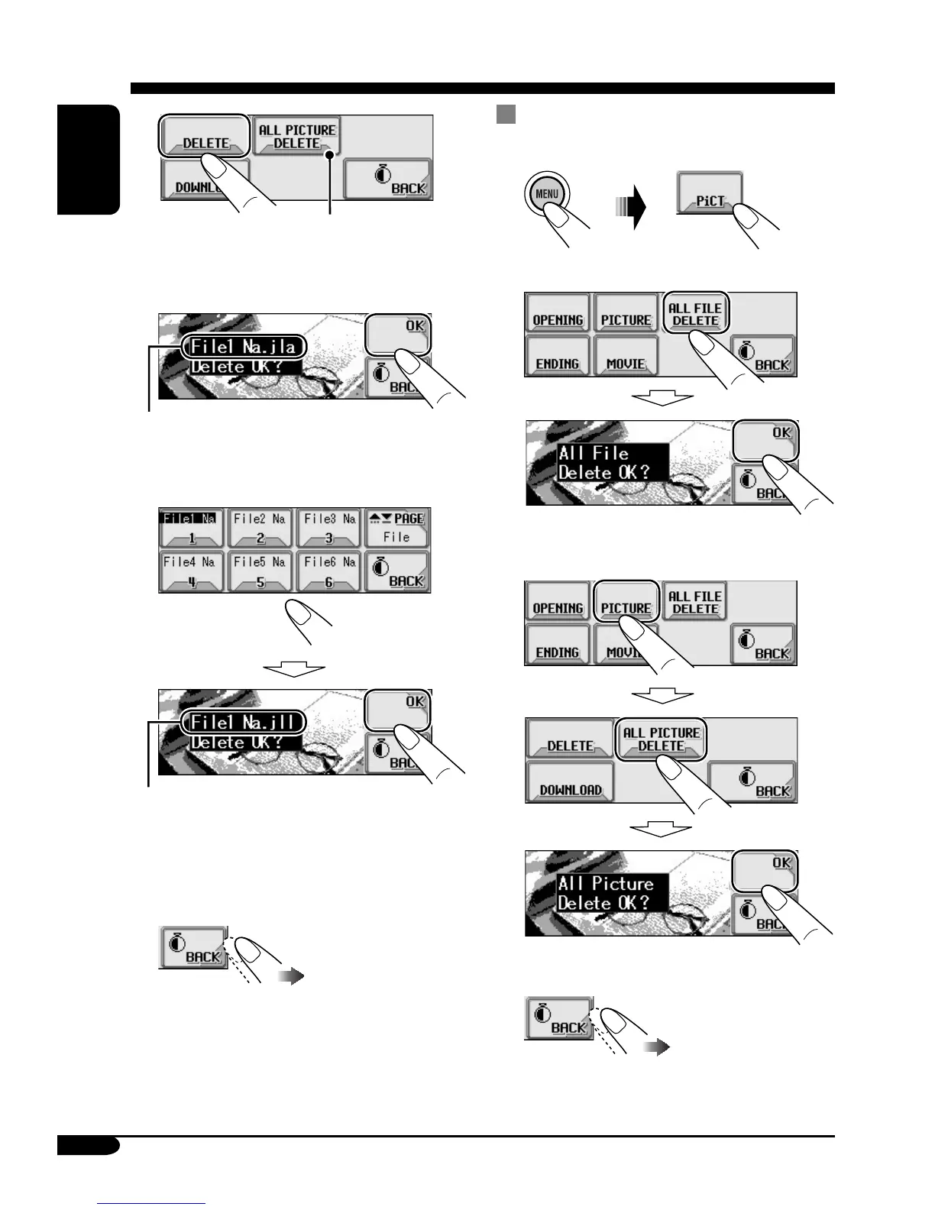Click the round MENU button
pos(546,194)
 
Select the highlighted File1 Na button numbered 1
pos(190,528)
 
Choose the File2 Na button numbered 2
pos(260,528)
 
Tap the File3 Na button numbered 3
pos(328,528)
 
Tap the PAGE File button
pos(397,528)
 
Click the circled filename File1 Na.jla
pos(244,348)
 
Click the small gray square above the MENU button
pos(506,115)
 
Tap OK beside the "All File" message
pos(765,440)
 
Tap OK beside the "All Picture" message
pos(765,870)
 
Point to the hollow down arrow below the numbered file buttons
pos(294,669)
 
